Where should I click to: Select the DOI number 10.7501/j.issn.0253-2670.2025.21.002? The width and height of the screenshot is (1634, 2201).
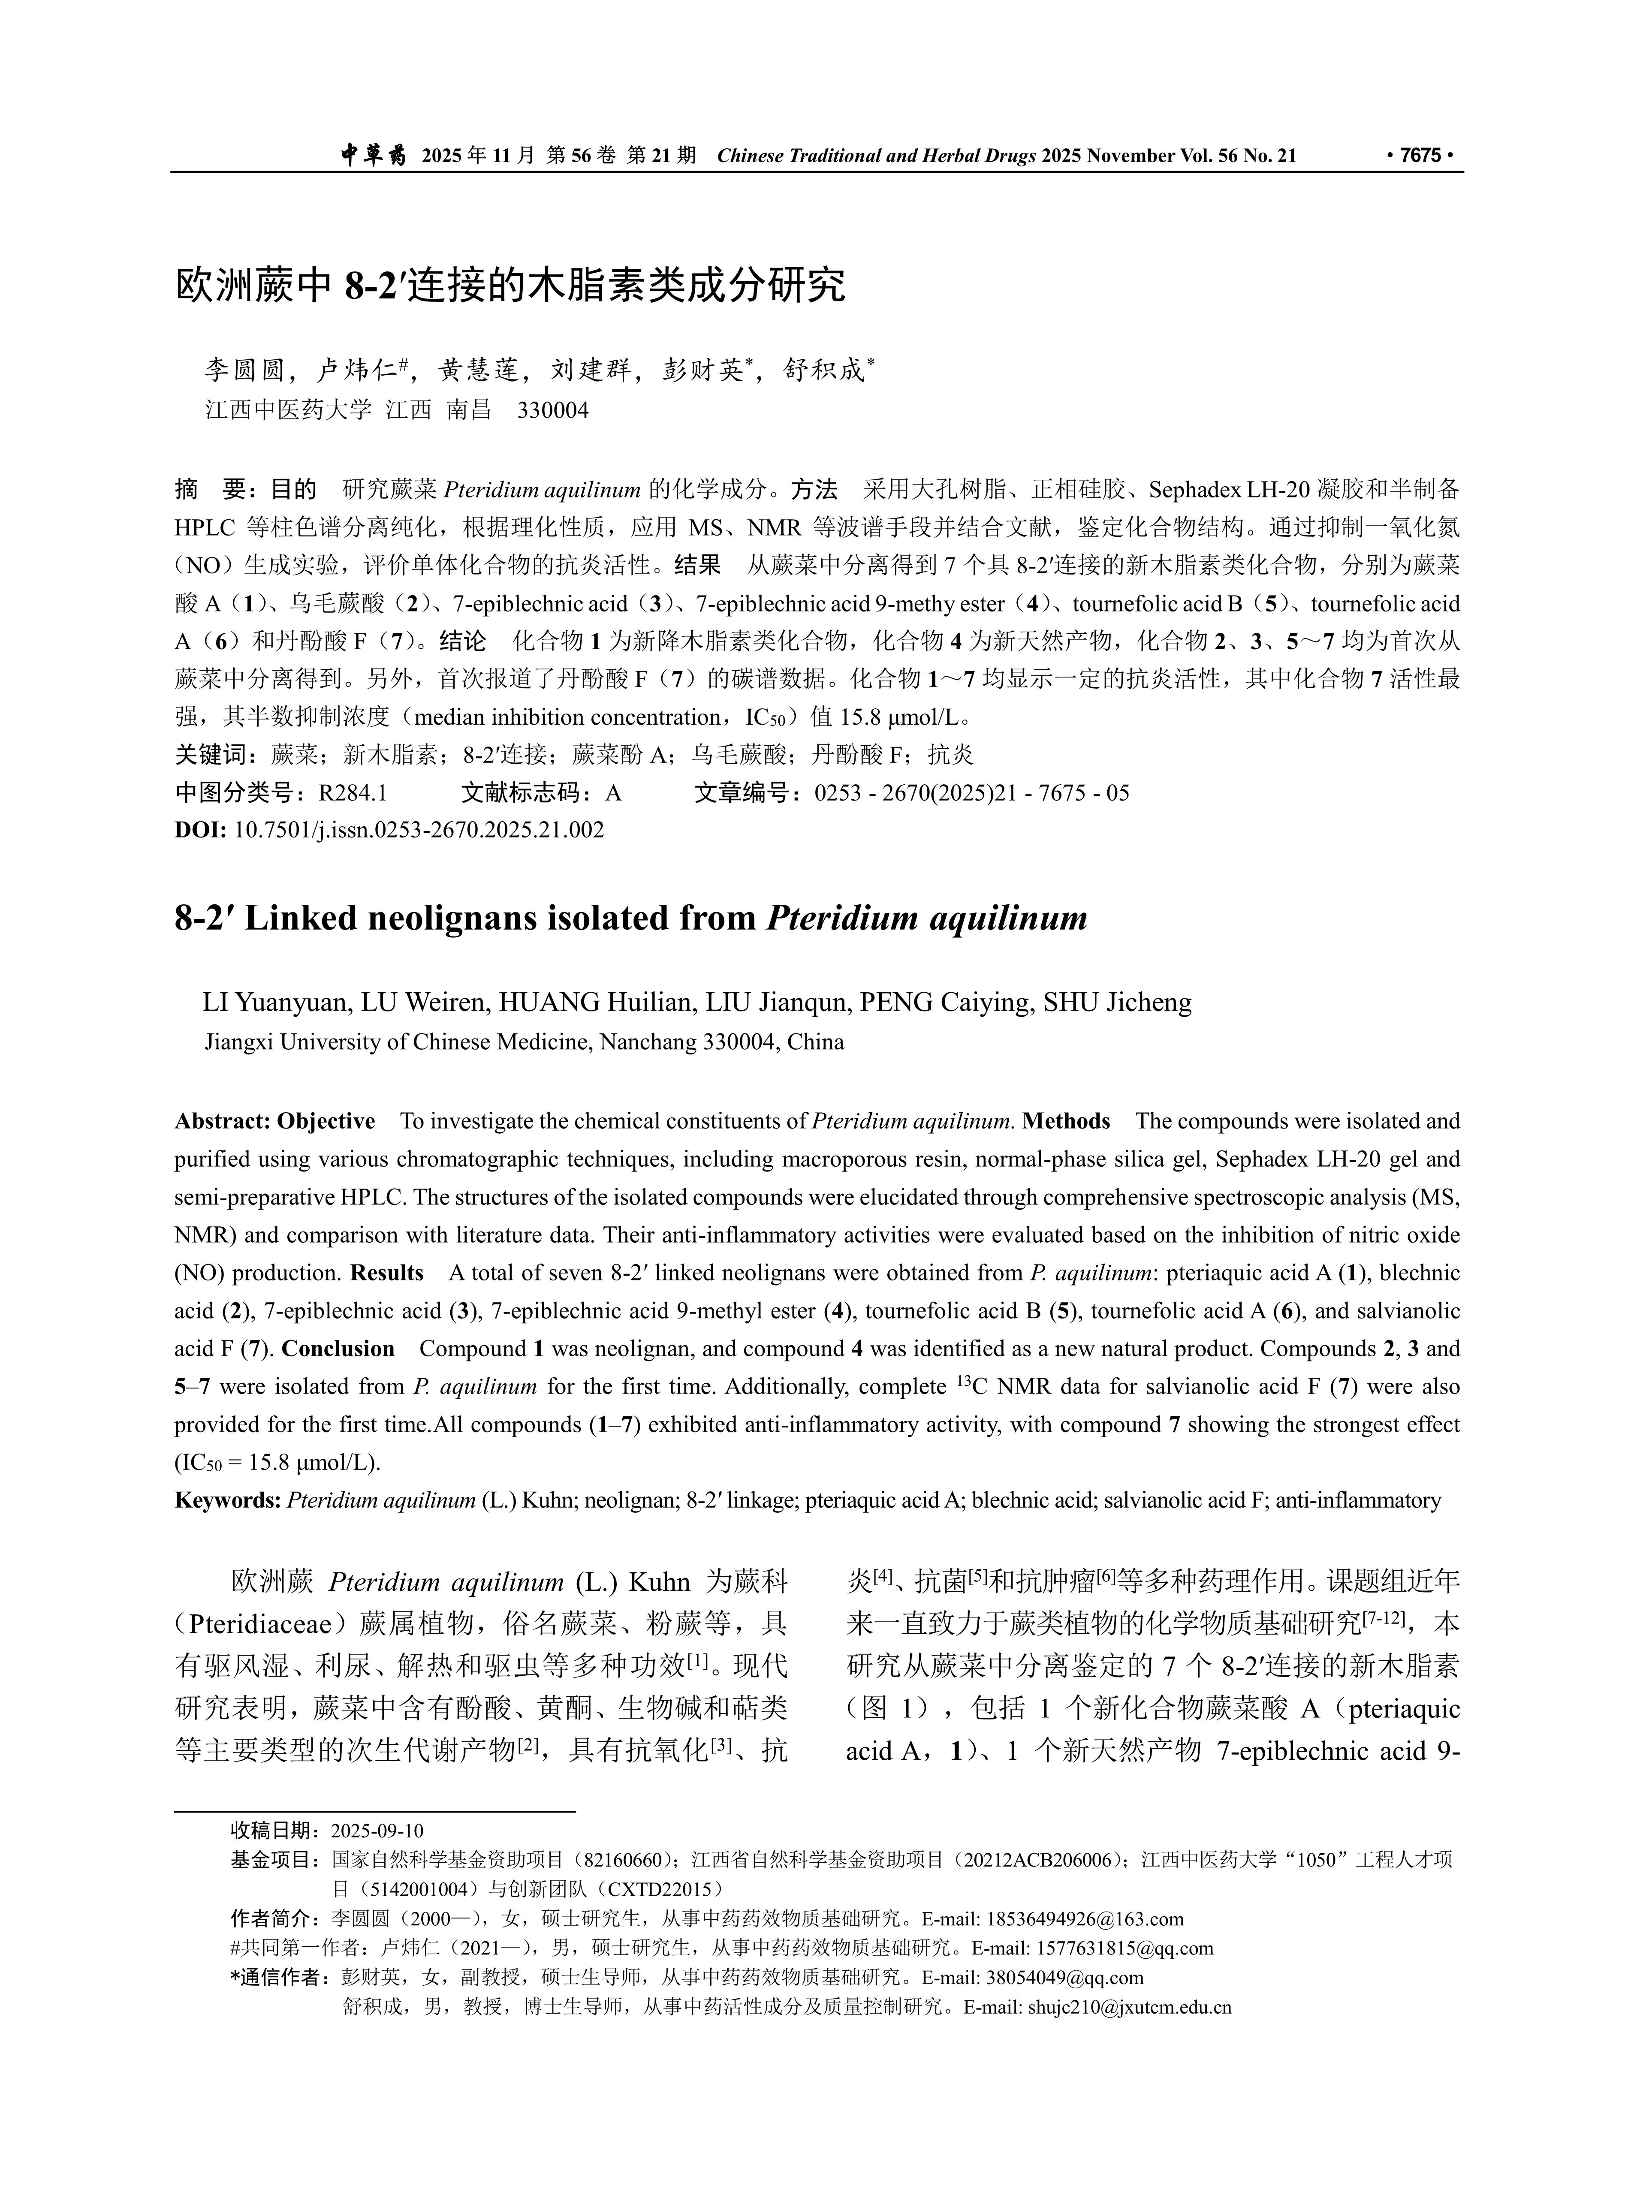(x=419, y=830)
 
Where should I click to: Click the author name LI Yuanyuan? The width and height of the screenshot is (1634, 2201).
(x=275, y=1003)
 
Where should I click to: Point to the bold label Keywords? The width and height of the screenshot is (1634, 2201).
(x=227, y=1500)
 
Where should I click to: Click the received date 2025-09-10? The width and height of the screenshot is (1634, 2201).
(x=377, y=1830)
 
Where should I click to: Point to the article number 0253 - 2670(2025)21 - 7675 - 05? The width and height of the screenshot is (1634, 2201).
(x=971, y=793)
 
